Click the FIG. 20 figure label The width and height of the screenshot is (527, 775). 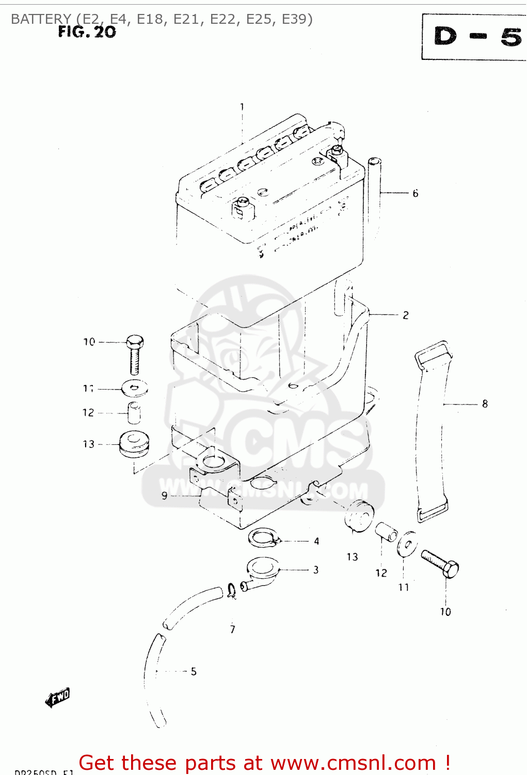87,32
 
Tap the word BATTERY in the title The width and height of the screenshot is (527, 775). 41,19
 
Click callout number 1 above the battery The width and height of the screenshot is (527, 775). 242,107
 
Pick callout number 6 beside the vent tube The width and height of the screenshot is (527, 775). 415,193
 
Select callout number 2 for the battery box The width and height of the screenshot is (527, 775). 406,315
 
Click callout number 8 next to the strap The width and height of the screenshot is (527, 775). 485,404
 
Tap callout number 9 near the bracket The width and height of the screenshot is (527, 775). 164,495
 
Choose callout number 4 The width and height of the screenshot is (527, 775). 316,541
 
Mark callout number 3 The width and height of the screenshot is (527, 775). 316,570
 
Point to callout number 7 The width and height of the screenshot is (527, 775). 233,629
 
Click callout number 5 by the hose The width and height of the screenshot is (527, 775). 194,671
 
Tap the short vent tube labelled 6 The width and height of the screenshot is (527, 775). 374,191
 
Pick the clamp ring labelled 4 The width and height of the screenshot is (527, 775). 263,537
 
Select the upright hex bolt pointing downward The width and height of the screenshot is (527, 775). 135,354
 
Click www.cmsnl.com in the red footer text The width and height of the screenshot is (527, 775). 354,763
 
